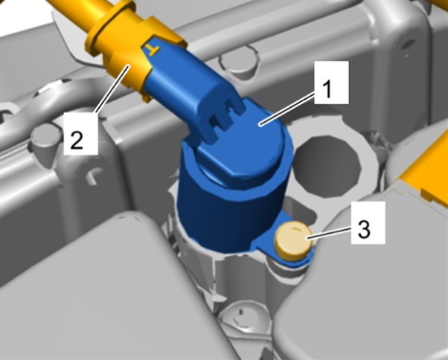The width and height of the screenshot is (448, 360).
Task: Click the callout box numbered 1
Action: click(x=331, y=83)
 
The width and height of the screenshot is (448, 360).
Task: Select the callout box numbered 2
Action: click(x=81, y=133)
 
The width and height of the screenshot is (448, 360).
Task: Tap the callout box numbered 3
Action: click(x=368, y=222)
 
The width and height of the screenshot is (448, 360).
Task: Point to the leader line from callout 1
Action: click(x=287, y=109)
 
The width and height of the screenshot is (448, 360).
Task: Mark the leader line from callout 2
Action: click(x=113, y=89)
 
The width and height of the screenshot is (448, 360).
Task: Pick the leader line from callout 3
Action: click(x=329, y=231)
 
